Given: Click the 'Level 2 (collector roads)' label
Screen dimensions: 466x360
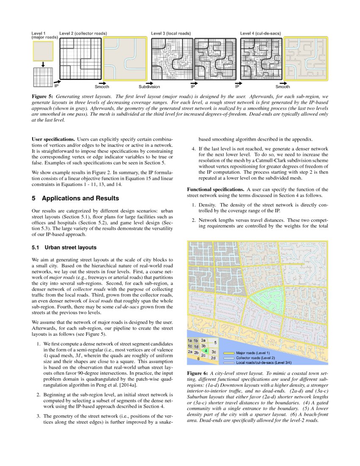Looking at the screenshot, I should pyautogui.click(x=83, y=33).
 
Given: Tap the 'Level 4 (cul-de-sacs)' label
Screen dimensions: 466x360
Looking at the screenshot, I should pyautogui.click(x=260, y=33).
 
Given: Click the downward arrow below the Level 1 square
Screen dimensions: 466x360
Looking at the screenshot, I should pyautogui.click(x=43, y=64).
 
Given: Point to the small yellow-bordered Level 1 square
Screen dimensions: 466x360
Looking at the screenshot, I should pyautogui.click(x=43, y=51).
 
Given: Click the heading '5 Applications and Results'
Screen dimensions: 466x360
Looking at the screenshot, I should pyautogui.click(x=75, y=198).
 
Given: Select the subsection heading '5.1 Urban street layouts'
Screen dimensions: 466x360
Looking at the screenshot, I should pyautogui.click(x=64, y=247).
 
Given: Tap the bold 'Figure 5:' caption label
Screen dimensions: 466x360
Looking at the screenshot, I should pyautogui.click(x=42, y=97).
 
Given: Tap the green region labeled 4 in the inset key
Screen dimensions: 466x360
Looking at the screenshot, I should pyautogui.click(x=205, y=351).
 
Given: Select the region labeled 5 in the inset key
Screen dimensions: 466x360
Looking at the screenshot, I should pyautogui.click(x=215, y=342).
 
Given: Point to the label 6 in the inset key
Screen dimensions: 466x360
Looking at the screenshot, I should pyautogui.click(x=198, y=358).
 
